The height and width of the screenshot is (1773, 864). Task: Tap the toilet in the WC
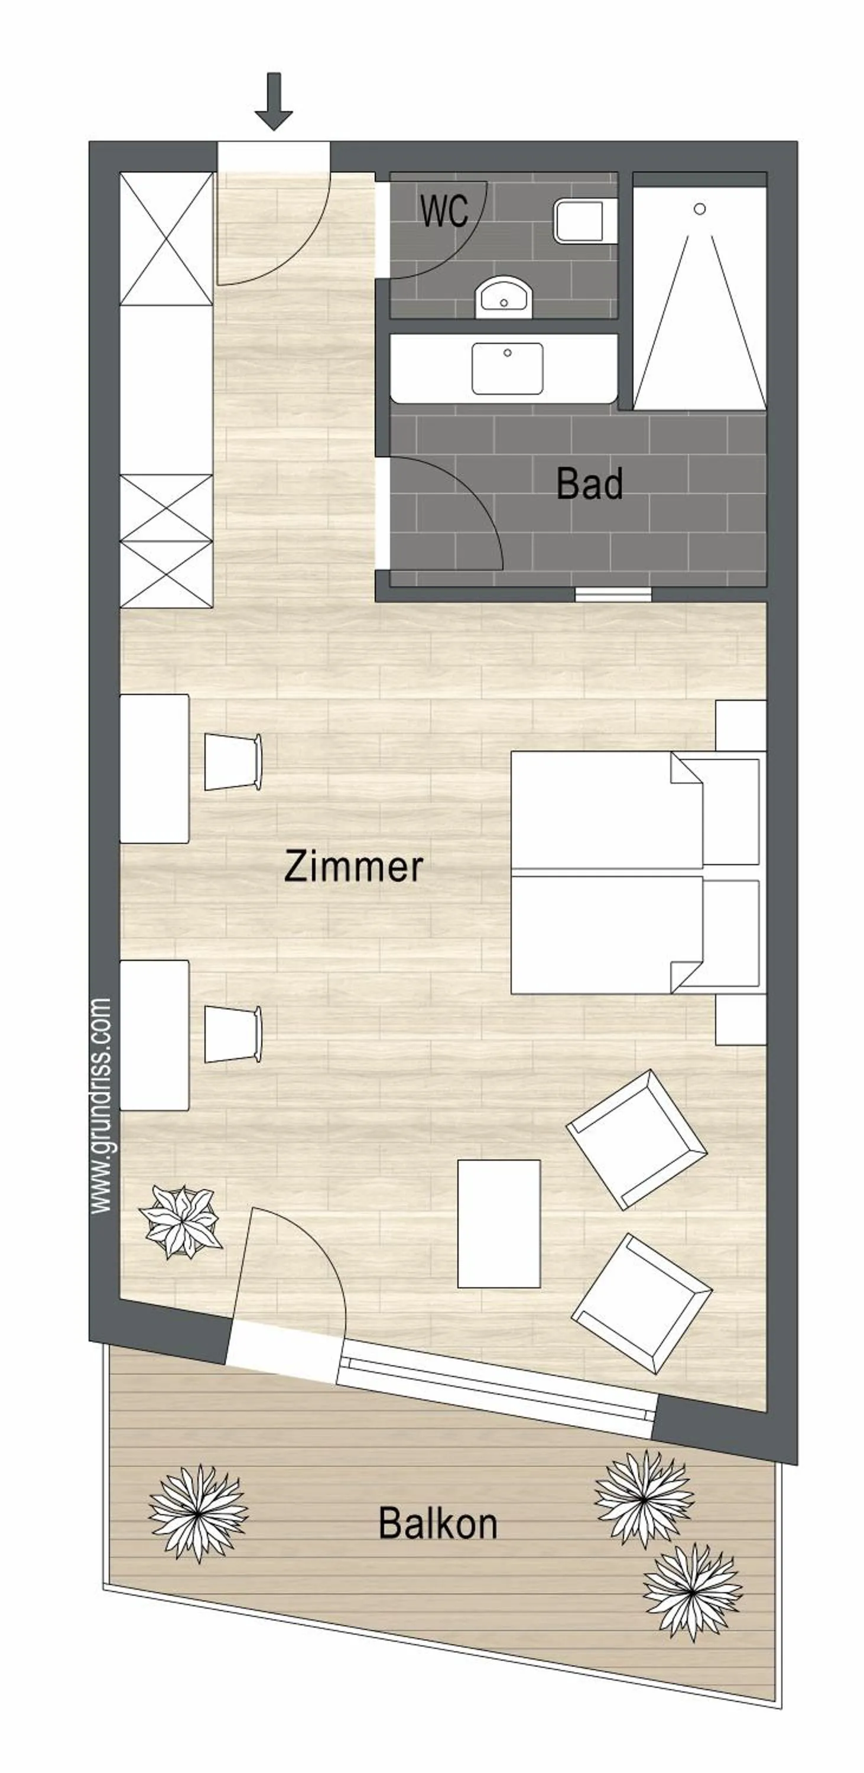click(x=584, y=221)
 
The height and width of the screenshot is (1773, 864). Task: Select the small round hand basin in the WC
click(x=504, y=297)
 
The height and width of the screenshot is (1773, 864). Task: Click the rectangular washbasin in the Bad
click(x=508, y=368)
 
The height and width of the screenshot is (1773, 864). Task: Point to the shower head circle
click(x=700, y=209)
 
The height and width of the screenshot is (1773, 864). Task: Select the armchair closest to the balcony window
click(x=642, y=1303)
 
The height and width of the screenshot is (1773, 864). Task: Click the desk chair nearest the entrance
click(x=233, y=762)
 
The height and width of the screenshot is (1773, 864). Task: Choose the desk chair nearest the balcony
click(x=233, y=1034)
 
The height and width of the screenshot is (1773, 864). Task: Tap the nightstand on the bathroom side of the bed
click(x=740, y=725)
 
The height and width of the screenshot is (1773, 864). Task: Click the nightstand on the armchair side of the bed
click(x=740, y=1019)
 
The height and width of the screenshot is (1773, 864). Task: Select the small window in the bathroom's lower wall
click(x=613, y=594)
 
